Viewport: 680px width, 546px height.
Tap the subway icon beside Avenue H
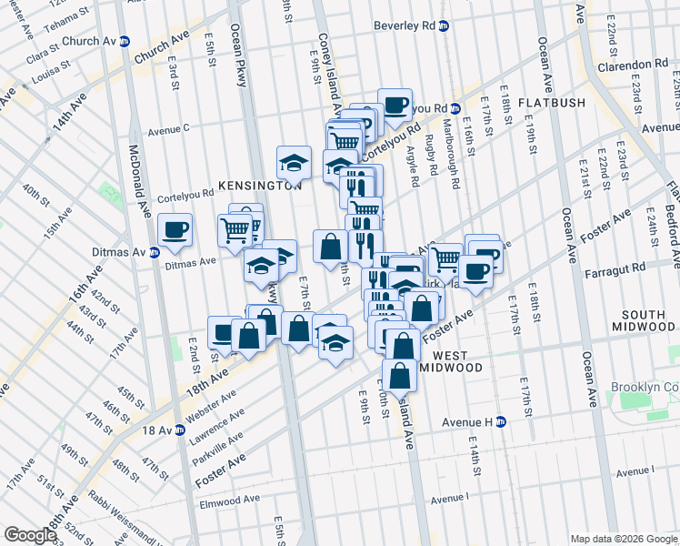pyautogui.click(x=501, y=422)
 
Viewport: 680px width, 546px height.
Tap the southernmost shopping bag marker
pyautogui.click(x=399, y=374)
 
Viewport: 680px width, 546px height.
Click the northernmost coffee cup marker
pyautogui.click(x=395, y=104)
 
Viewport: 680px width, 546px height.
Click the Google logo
pyautogui.click(x=29, y=535)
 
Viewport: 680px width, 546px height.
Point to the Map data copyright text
pyautogui.click(x=623, y=539)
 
